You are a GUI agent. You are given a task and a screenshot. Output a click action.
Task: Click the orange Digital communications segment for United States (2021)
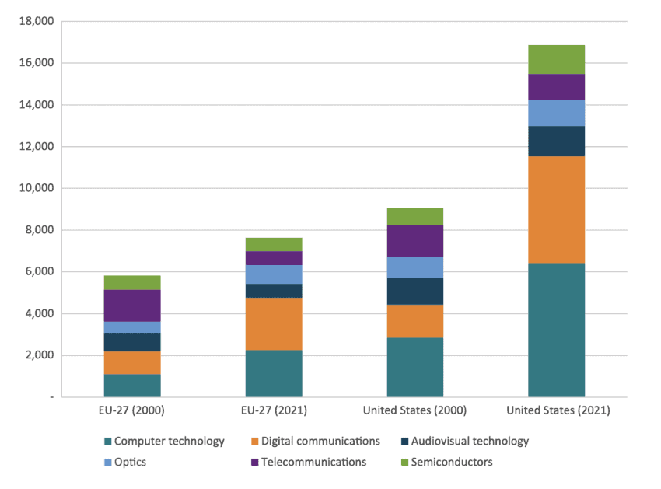click(556, 210)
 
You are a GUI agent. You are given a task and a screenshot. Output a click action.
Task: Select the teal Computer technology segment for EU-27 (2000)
click(132, 386)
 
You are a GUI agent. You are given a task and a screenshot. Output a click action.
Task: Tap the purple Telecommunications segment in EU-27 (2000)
click(132, 306)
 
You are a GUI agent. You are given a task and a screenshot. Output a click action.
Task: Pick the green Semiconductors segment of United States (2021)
click(556, 60)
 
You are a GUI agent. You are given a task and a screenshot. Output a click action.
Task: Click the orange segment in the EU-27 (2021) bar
click(274, 324)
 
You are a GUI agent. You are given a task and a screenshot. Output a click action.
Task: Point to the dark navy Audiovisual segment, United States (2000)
click(414, 291)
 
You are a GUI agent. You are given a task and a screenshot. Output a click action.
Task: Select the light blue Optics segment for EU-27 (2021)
click(274, 274)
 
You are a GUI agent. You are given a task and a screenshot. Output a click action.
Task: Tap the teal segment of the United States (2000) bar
click(414, 367)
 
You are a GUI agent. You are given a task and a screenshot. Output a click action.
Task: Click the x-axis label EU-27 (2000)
click(132, 410)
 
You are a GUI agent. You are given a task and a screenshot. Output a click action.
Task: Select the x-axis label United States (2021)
click(556, 410)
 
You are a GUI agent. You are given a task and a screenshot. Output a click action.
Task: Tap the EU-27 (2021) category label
click(274, 410)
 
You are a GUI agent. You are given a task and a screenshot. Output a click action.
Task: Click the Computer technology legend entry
click(169, 441)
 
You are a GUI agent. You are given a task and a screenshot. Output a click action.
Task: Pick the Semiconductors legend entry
click(454, 462)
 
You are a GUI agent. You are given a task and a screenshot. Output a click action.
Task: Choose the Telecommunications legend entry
click(314, 462)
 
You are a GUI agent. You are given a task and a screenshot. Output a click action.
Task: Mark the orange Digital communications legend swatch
click(254, 442)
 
